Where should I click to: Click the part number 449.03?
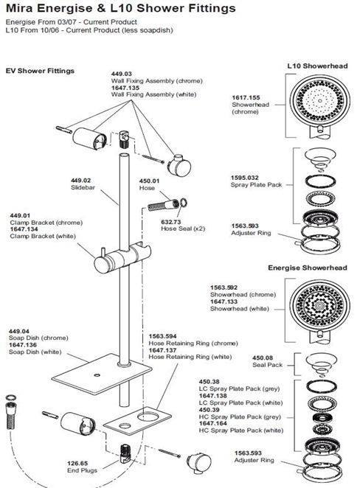coord(121,74)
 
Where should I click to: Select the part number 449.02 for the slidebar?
coord(80,181)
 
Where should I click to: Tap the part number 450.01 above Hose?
coord(150,181)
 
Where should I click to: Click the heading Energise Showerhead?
coord(305,268)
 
